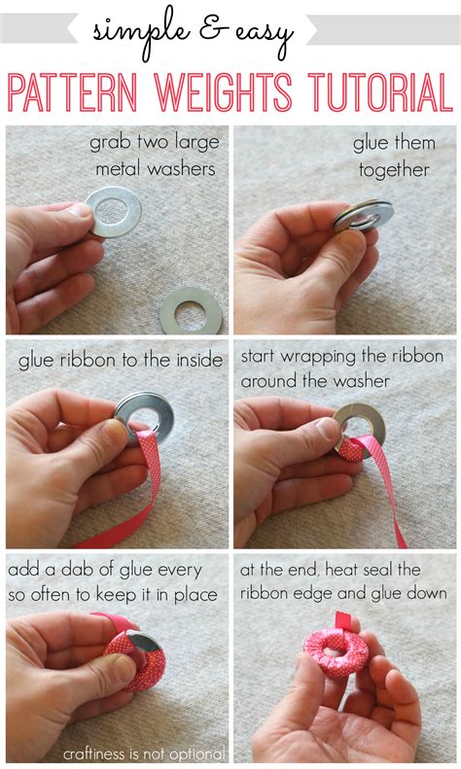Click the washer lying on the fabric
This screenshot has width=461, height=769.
coord(193,310)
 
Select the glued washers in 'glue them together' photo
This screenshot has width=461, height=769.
coord(363,216)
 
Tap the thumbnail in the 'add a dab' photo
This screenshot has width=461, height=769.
coord(123,671)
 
